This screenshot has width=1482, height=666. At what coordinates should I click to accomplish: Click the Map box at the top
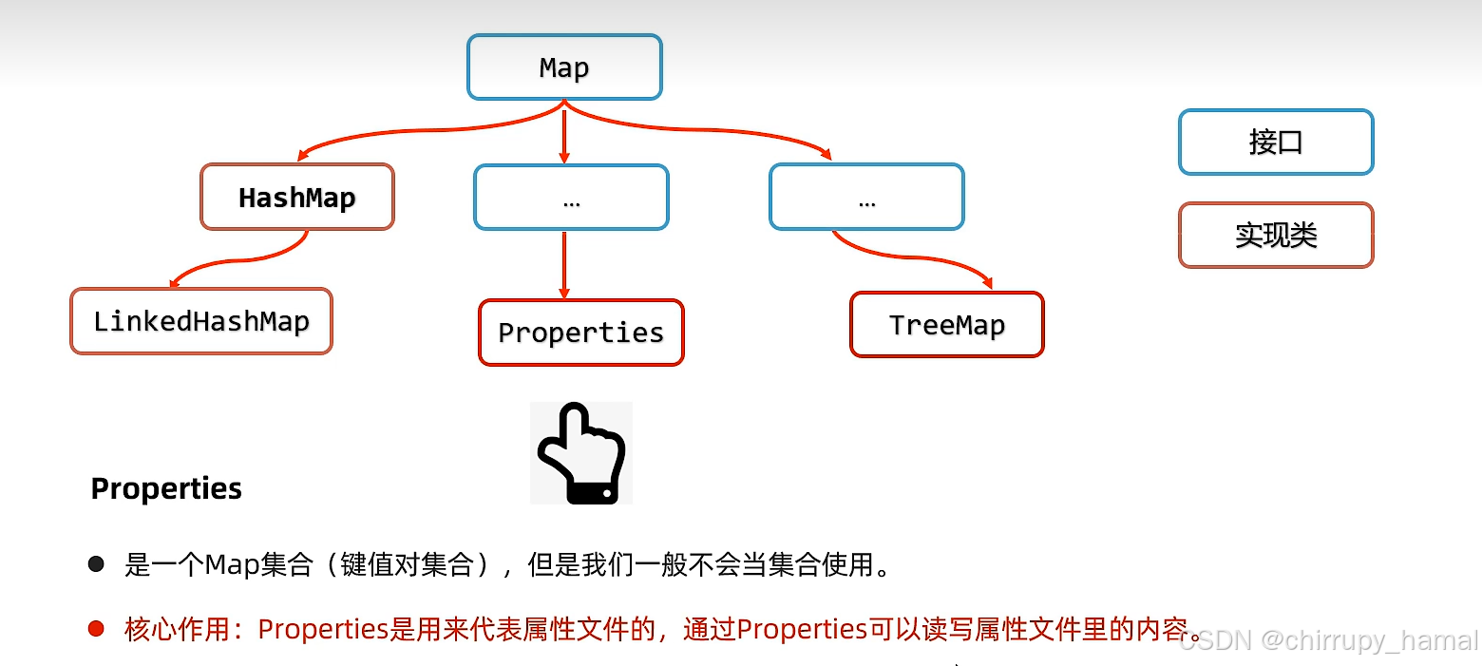point(564,67)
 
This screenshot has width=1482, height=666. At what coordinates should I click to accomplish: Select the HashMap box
point(297,198)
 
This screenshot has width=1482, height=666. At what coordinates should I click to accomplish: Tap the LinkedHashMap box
point(201,321)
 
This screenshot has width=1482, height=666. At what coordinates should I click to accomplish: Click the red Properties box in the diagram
point(580,333)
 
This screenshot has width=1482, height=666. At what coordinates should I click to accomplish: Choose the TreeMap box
point(946,325)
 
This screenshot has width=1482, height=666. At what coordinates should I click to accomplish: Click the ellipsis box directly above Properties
point(571,198)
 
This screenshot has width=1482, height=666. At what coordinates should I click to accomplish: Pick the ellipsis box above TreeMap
point(866,198)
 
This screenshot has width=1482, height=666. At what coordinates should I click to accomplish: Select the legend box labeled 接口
point(1276,143)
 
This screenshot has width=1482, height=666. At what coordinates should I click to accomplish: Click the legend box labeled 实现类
point(1276,235)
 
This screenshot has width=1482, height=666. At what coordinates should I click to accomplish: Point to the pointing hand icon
point(580,453)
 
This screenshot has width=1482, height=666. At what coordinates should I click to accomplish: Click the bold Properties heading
point(166,488)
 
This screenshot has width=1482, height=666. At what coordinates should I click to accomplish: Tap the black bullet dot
point(96,564)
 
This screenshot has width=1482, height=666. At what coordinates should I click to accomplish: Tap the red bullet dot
point(96,629)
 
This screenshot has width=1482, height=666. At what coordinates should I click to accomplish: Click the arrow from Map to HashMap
point(399,133)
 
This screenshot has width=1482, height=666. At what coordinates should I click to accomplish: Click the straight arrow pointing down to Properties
point(564,266)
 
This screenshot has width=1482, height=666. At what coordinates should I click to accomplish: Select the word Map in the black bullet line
point(232,565)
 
